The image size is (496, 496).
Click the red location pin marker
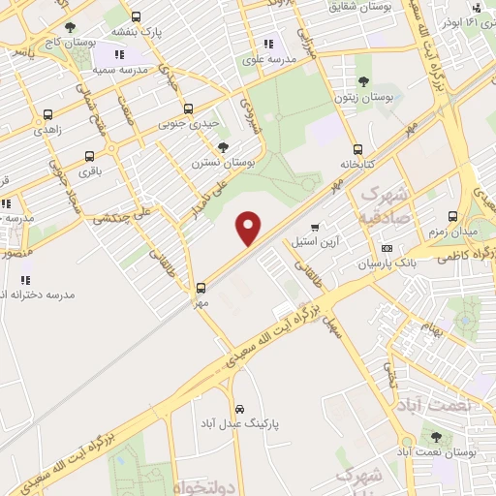[x=250, y=229]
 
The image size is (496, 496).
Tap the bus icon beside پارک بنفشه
[x=135, y=16]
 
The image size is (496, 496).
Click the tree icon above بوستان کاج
[x=70, y=28]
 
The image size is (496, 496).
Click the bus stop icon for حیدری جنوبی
[x=188, y=108]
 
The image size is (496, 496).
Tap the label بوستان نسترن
[x=224, y=164]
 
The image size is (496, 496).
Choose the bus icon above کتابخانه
[x=358, y=149]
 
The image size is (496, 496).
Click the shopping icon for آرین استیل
[x=314, y=228]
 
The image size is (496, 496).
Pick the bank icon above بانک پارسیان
[x=387, y=248]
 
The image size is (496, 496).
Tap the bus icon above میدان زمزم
[x=452, y=217]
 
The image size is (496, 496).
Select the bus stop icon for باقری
[x=89, y=155]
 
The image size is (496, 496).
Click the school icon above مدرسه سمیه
[x=120, y=54]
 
